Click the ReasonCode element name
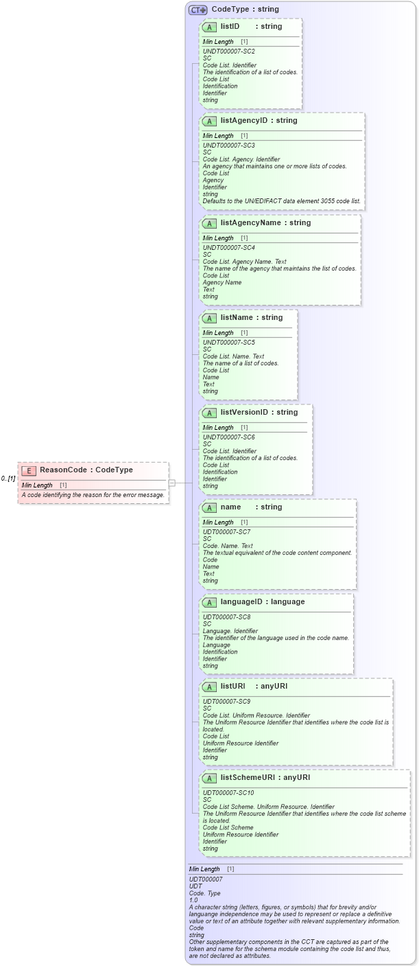tap(63, 470)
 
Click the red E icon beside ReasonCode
tap(29, 470)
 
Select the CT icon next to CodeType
tap(198, 10)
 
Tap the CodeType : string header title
tap(245, 10)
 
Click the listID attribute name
tap(230, 27)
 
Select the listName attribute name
tap(237, 318)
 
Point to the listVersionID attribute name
tap(245, 413)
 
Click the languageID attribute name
tap(243, 602)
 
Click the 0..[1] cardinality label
tap(8, 478)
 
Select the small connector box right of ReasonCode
tap(172, 483)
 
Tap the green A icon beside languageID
tap(210, 602)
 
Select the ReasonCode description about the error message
tap(93, 494)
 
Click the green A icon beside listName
tap(210, 318)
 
